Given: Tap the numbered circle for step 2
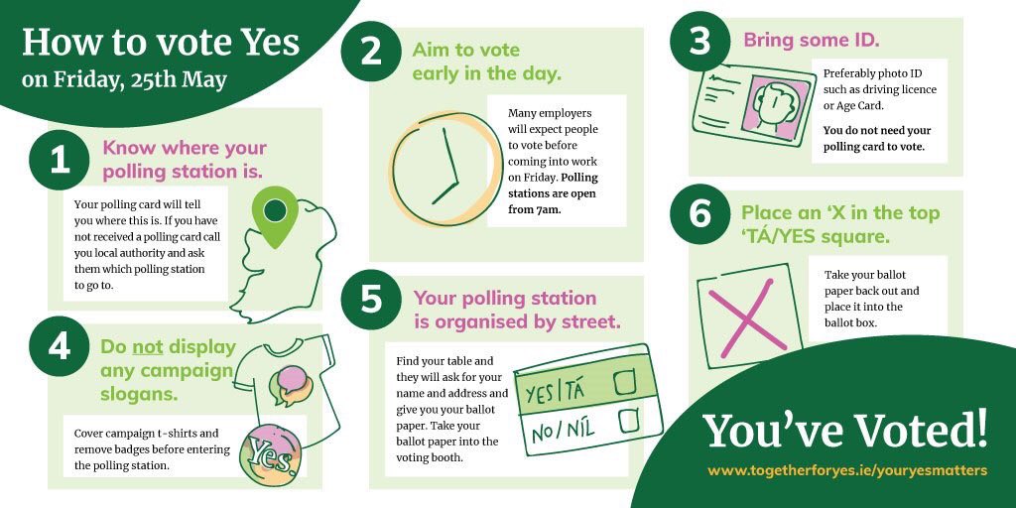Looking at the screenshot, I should click(371, 51).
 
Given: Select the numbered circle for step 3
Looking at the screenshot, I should click(700, 43).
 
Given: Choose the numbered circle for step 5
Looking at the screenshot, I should click(370, 299).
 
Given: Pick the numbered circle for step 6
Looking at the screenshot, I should click(700, 213).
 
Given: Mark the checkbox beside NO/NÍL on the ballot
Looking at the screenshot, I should click(627, 422).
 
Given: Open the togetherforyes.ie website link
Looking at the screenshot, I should click(846, 469).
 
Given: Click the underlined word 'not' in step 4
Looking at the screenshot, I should click(147, 347).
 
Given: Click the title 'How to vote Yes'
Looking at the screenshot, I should click(161, 42).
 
